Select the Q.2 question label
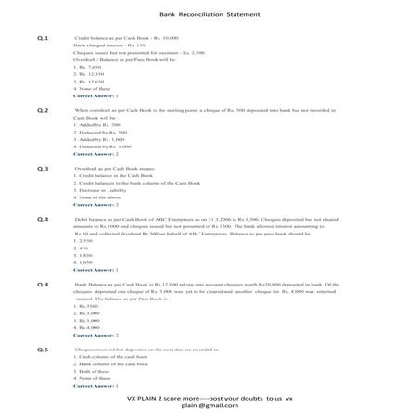[x=43, y=110]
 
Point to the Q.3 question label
[x=43, y=168]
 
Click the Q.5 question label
[x=43, y=349]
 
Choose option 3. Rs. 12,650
[x=93, y=82]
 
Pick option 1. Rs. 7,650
[x=91, y=68]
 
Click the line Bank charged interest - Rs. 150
[x=108, y=45]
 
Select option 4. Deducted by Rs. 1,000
[x=100, y=146]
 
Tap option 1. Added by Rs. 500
[x=96, y=124]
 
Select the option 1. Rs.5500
[x=88, y=306]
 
